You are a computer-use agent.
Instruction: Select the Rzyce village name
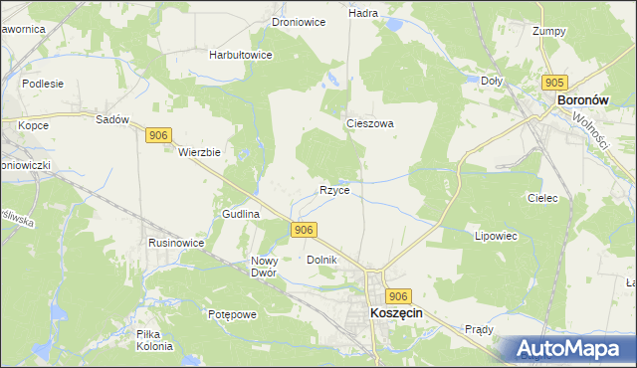[x=334, y=190]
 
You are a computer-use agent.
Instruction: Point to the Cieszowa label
[x=370, y=124]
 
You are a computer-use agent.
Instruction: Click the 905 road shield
[x=555, y=82]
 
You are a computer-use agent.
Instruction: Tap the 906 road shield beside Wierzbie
[x=158, y=135]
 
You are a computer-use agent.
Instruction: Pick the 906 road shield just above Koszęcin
[x=398, y=296]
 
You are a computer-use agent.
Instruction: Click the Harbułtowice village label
[x=241, y=55]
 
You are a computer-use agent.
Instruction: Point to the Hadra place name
[x=362, y=14]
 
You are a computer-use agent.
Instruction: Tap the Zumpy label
[x=549, y=31]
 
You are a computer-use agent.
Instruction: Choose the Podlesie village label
[x=43, y=84]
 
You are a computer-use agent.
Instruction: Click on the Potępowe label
[x=233, y=314]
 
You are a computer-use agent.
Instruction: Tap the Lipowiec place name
[x=498, y=237]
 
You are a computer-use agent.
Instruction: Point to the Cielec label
[x=541, y=199]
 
